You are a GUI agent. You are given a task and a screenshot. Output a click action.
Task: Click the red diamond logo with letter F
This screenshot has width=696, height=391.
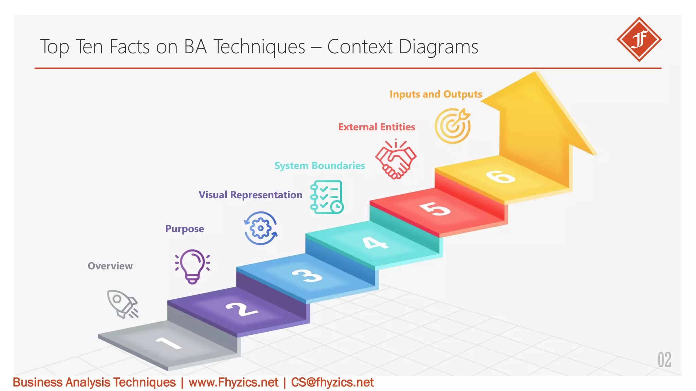click(639, 39)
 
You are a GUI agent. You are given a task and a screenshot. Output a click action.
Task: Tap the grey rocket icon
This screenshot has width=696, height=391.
click(122, 304)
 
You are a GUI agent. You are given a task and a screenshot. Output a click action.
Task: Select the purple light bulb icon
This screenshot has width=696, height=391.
click(192, 266)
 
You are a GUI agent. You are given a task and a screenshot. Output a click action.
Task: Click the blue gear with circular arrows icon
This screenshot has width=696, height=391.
click(261, 228)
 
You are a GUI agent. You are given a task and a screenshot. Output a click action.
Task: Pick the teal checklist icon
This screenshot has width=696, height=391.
click(327, 197)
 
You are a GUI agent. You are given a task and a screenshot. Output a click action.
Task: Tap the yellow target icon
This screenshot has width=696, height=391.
click(453, 126)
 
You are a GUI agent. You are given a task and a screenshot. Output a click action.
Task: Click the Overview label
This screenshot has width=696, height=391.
click(110, 266)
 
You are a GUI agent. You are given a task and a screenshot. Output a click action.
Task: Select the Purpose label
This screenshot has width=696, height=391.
click(185, 229)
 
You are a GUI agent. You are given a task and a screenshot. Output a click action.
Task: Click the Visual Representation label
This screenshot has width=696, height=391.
click(250, 195)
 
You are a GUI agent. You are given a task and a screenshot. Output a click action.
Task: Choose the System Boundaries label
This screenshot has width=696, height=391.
click(319, 166)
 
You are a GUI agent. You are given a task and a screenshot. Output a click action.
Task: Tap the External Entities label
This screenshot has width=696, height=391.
click(377, 127)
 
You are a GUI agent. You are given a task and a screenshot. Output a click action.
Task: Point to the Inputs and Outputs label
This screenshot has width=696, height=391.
click(436, 94)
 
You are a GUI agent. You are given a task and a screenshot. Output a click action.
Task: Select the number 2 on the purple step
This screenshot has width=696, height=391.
click(242, 309)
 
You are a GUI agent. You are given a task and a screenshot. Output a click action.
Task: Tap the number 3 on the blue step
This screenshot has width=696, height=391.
click(307, 275)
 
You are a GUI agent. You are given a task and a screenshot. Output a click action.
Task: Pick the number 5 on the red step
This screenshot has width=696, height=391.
click(435, 208)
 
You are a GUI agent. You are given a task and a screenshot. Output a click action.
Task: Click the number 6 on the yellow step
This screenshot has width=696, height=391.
click(500, 176)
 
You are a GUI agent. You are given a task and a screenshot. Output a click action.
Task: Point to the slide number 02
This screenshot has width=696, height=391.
click(664, 360)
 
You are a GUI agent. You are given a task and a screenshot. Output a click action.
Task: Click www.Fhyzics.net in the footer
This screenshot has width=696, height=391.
click(233, 383)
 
